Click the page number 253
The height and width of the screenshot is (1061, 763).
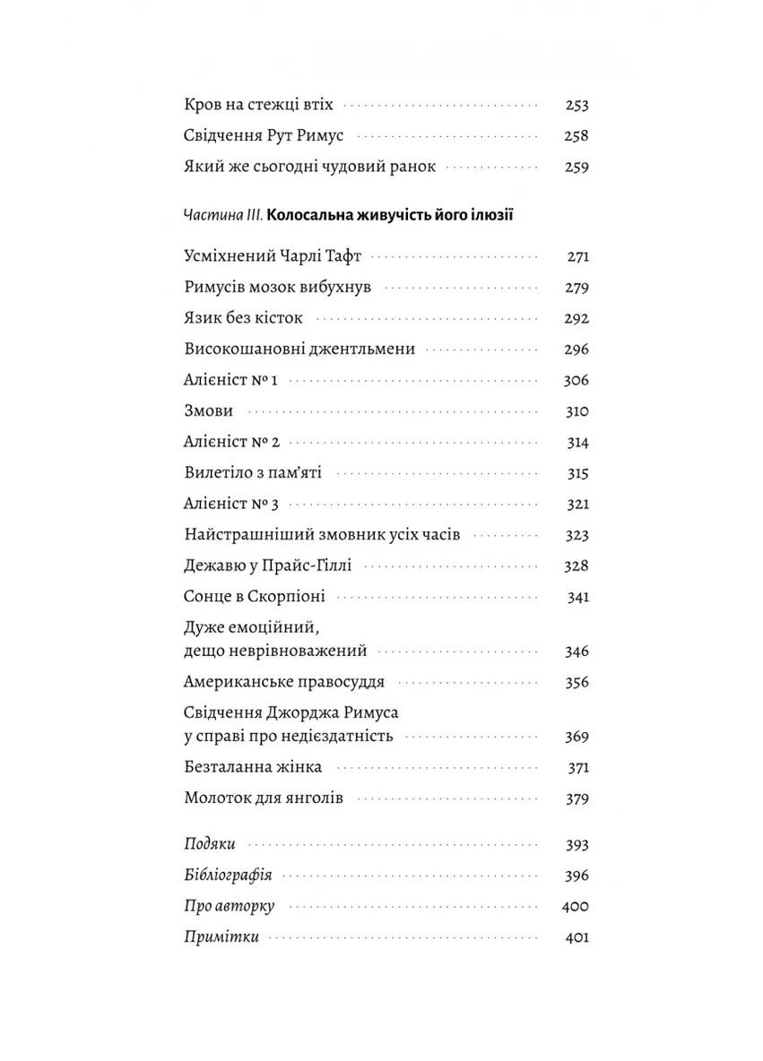coord(577,105)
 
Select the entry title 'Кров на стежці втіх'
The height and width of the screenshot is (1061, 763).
coord(257,105)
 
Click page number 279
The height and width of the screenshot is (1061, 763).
coord(577,288)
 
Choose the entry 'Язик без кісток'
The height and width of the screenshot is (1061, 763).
coord(243,318)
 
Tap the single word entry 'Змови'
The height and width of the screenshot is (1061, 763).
coord(208,411)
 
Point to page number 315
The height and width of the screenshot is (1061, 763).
coord(577,473)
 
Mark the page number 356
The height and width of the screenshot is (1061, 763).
coord(577,682)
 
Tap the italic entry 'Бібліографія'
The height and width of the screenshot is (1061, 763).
coord(228,876)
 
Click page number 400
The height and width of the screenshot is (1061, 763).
coord(574,906)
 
